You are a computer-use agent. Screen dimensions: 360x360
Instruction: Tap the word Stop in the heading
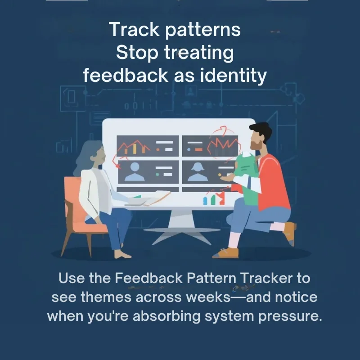[137, 53]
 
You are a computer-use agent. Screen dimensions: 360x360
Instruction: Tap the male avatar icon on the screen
[135, 172]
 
